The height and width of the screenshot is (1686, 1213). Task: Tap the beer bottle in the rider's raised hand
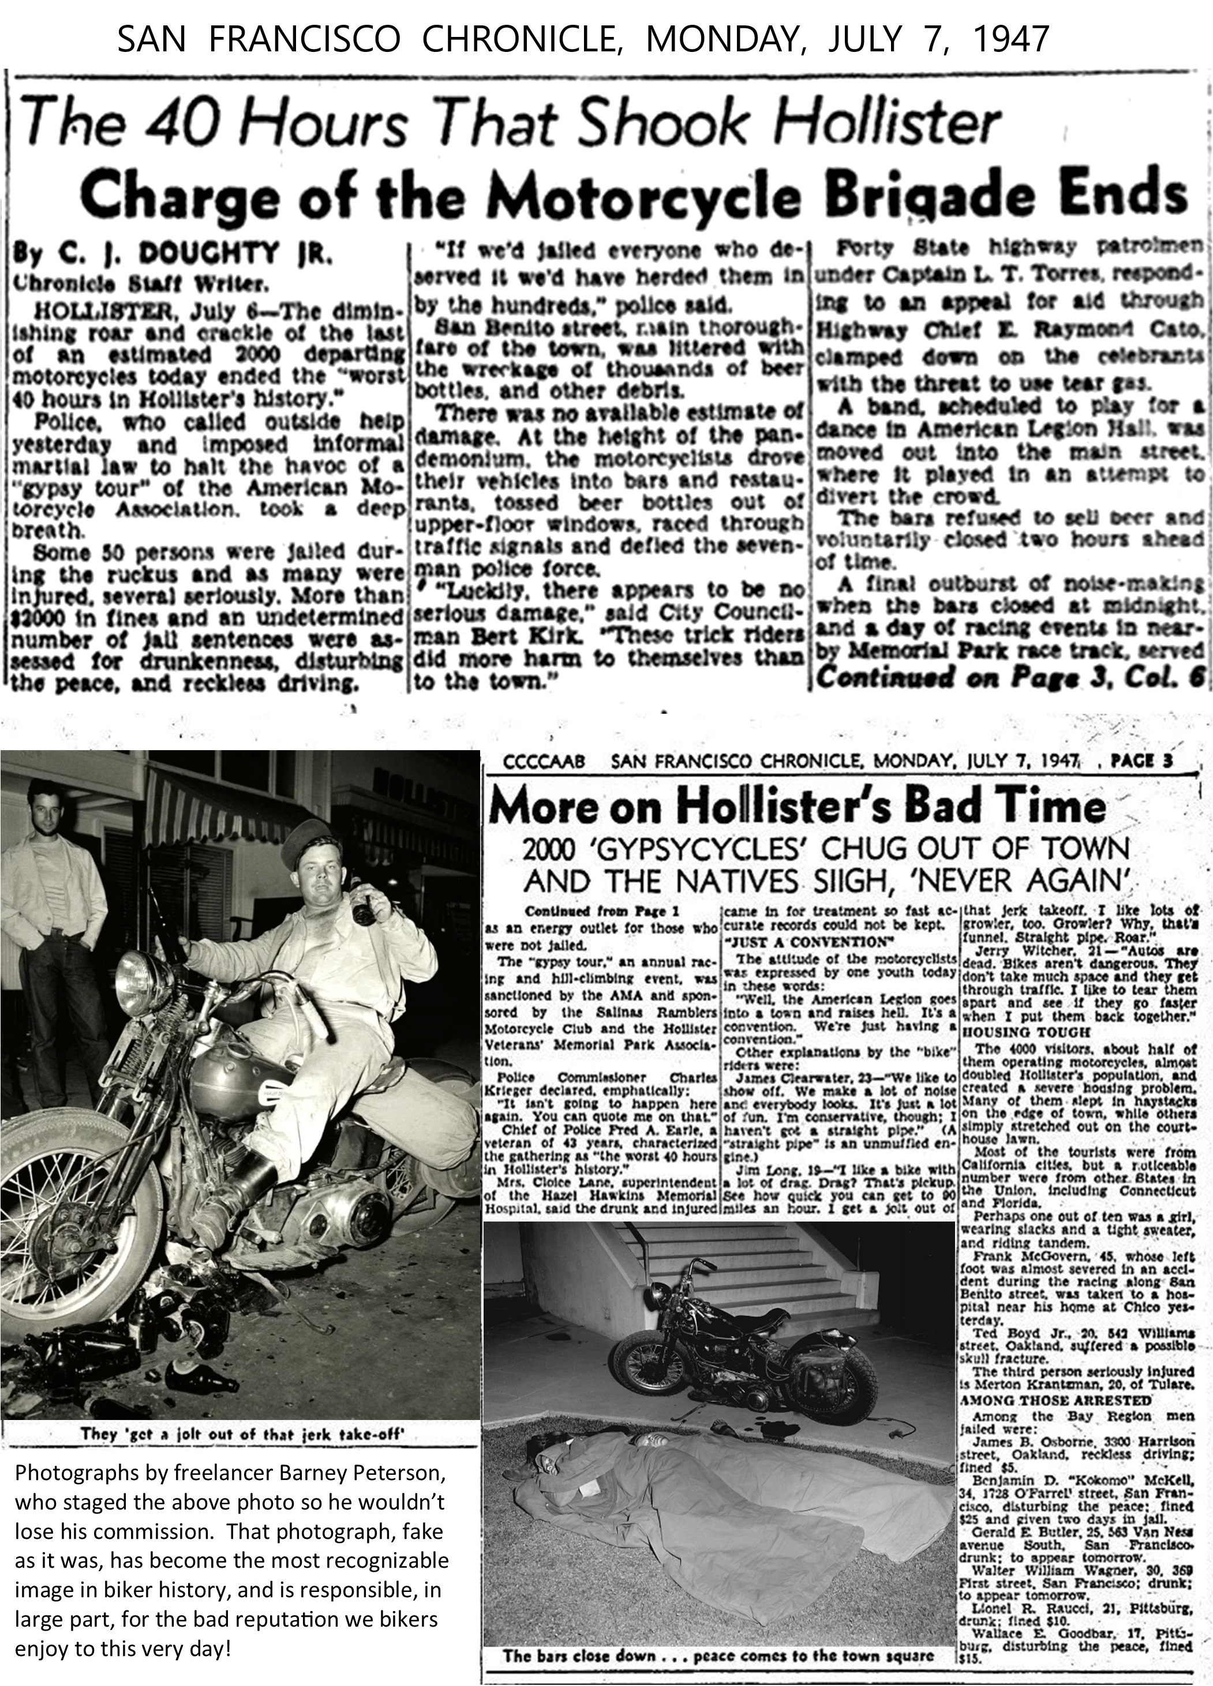point(363,900)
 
